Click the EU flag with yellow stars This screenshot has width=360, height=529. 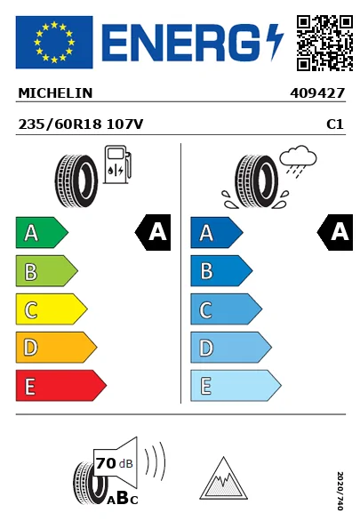click(54, 42)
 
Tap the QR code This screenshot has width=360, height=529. click(324, 43)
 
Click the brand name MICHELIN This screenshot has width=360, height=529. click(55, 93)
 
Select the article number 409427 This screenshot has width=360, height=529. click(317, 93)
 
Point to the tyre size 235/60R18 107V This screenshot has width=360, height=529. click(81, 124)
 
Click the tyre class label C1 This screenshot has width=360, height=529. click(335, 124)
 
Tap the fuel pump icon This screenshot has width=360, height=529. click(117, 164)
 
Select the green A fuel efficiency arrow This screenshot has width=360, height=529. click(42, 232)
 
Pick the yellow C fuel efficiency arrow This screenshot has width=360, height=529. click(52, 309)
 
